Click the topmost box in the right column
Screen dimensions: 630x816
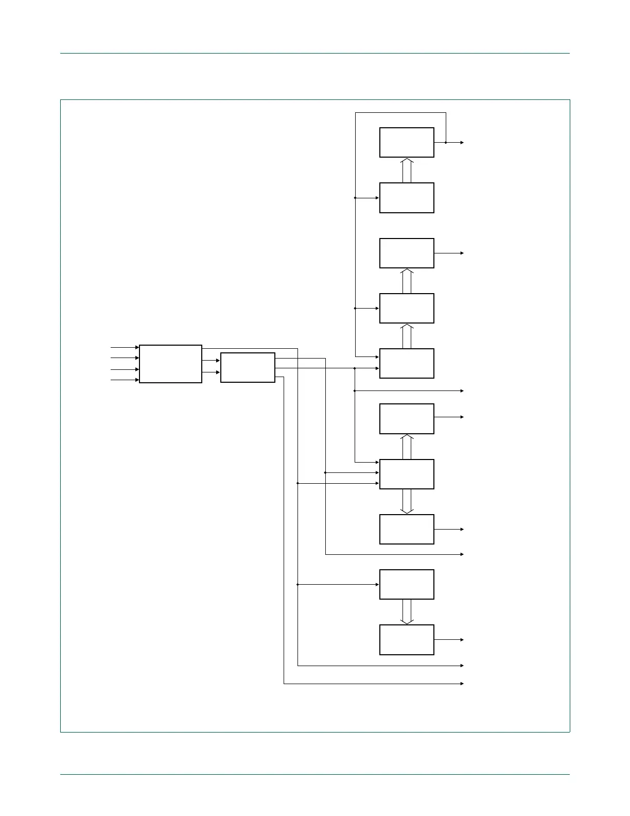(407, 143)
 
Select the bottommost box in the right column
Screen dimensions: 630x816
(407, 640)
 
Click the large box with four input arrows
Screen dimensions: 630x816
(170, 364)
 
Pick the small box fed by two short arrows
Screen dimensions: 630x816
(248, 367)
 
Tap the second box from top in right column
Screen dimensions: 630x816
(407, 198)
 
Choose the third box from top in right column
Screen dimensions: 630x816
(407, 253)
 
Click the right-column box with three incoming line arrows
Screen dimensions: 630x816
(407, 474)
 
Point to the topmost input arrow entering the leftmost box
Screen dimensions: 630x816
(136, 348)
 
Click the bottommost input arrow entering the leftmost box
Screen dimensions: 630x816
(136, 380)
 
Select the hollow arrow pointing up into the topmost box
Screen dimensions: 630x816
(407, 170)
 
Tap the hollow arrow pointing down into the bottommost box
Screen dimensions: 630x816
(407, 612)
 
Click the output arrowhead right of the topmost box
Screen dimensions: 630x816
(462, 143)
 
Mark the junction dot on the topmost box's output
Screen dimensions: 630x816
(446, 143)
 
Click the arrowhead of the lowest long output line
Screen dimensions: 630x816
(462, 684)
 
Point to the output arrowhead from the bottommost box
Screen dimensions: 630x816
(462, 640)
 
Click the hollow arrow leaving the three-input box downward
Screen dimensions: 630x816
(407, 502)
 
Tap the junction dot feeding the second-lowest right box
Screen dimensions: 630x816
(298, 585)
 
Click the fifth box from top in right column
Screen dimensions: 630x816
(407, 364)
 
